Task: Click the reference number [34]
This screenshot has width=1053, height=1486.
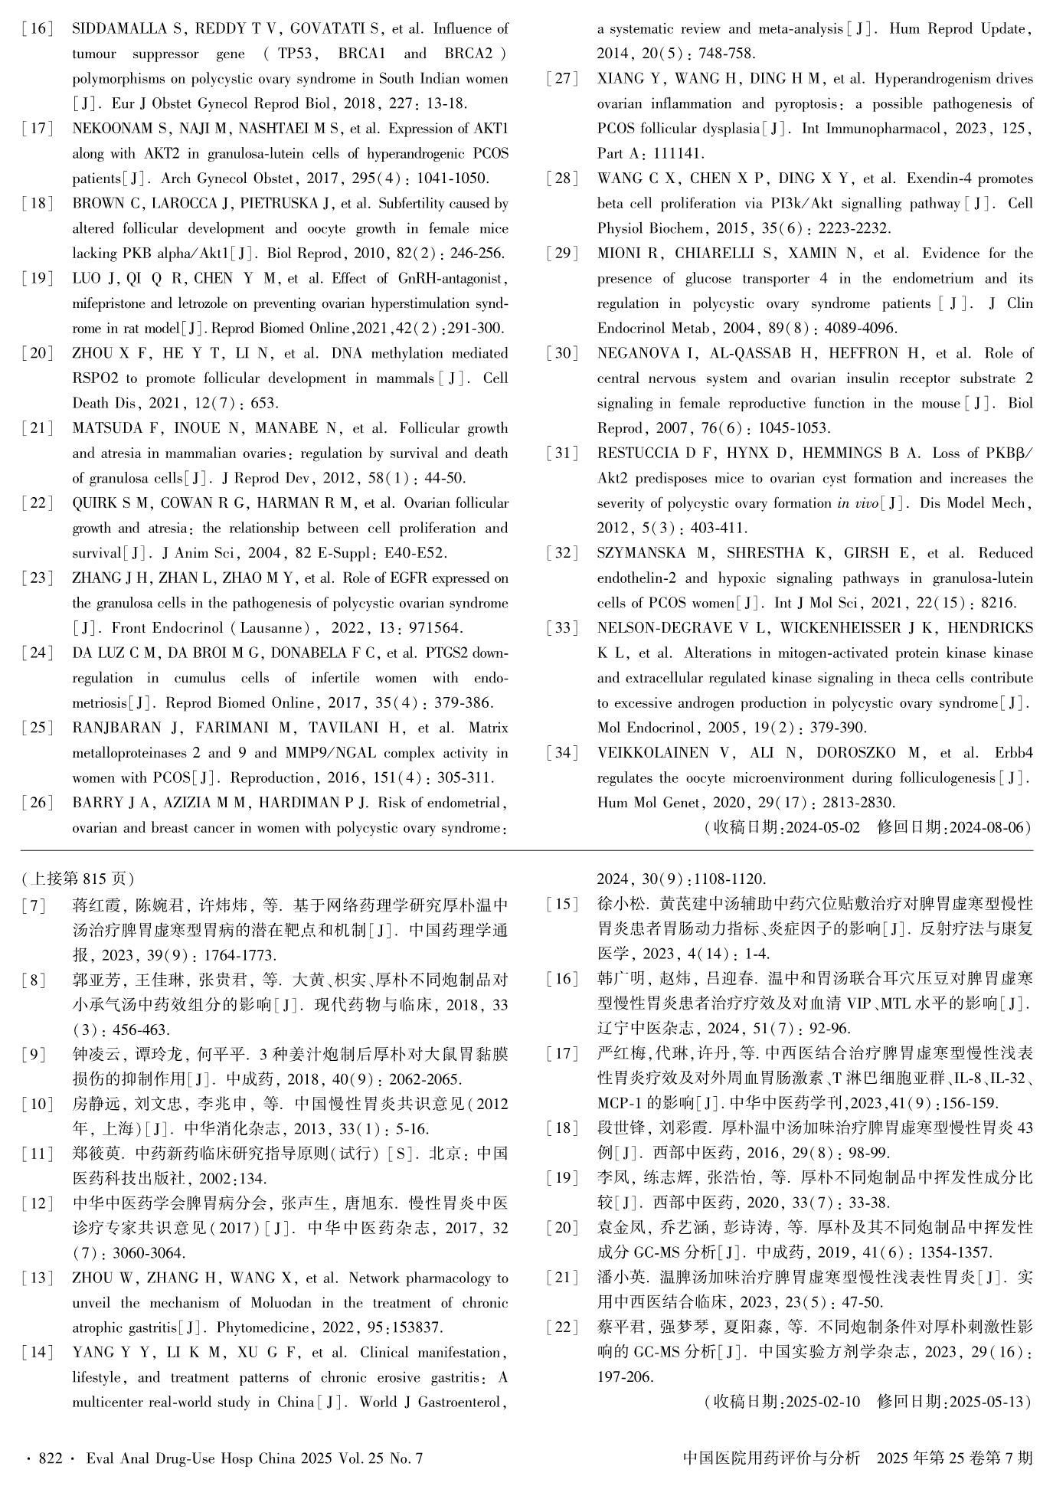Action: click(x=562, y=753)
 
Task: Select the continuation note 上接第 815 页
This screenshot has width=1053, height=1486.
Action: click(x=79, y=878)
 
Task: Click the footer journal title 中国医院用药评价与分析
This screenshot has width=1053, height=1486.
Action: click(x=770, y=1458)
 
